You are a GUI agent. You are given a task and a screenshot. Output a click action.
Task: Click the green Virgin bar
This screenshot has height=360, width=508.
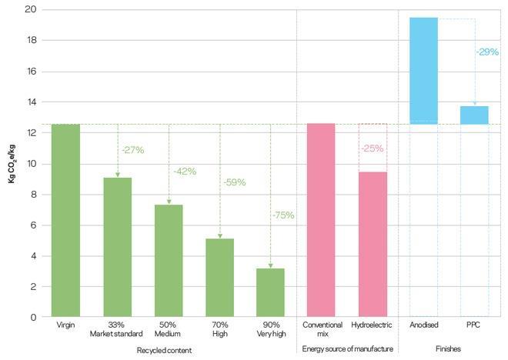65,220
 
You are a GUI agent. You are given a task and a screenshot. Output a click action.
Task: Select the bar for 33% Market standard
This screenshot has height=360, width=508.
117,247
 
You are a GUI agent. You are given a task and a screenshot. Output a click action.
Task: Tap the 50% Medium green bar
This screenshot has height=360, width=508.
169,261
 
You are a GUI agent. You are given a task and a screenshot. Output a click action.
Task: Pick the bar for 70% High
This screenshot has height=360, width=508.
220,278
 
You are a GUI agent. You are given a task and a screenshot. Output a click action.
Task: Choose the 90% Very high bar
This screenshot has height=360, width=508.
271,292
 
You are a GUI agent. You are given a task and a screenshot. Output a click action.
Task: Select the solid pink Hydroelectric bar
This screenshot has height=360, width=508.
373,244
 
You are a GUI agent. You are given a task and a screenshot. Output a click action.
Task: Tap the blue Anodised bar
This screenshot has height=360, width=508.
423,71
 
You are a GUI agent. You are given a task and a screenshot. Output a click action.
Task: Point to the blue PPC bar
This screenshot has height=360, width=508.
475,115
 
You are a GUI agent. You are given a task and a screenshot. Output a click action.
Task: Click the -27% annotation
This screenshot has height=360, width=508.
133,151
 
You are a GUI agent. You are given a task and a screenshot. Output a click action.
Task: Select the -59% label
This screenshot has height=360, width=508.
235,183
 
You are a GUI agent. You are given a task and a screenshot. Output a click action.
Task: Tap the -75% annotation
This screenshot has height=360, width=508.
282,215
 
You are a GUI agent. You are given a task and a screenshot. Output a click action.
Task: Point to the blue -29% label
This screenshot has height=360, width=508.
488,52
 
